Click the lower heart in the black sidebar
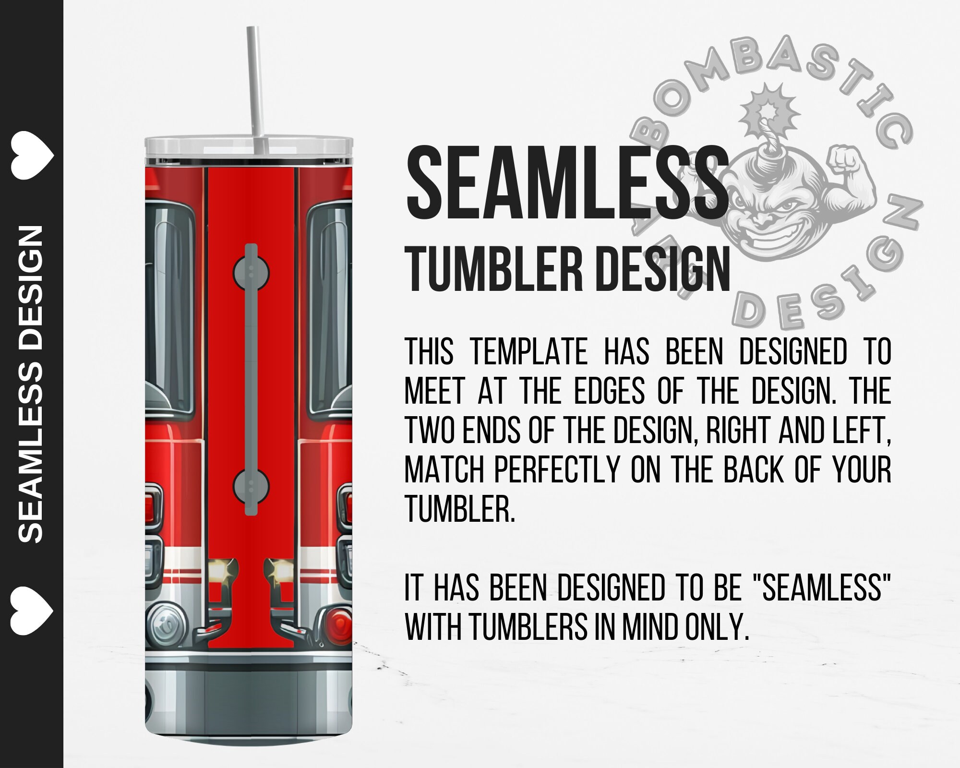pos(32,610)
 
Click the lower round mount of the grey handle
pos(251,486)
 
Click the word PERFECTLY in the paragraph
pos(557,469)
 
